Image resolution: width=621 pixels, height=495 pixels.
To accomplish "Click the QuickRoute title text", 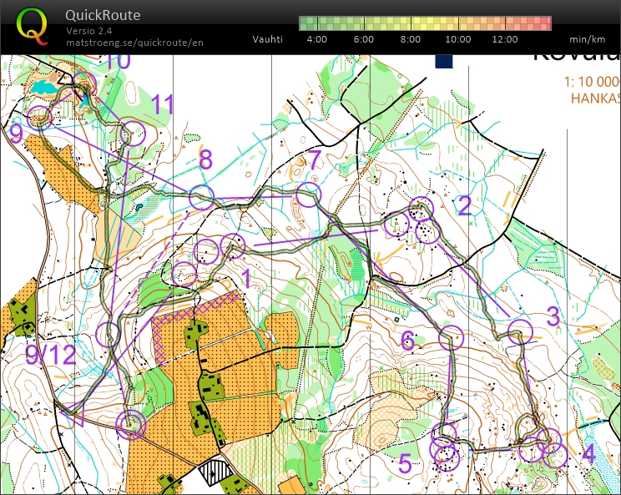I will (x=103, y=15).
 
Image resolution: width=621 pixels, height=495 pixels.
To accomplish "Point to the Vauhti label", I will (x=268, y=39).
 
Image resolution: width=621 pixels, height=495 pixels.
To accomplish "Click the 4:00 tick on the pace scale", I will (x=317, y=39).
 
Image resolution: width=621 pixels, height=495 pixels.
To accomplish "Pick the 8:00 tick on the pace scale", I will (x=411, y=39).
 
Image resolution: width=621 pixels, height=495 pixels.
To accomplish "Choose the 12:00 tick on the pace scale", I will (x=505, y=39).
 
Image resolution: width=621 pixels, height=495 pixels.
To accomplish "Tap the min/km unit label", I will (x=588, y=39).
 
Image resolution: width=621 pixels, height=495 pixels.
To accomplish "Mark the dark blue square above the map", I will (x=443, y=60).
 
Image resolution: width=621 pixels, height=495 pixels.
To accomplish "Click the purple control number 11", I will (x=163, y=105).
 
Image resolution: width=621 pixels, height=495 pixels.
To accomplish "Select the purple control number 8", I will (x=205, y=159).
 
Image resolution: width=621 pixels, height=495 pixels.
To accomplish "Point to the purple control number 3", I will (x=553, y=316).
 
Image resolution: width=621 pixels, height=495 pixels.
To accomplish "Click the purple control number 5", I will (x=405, y=463).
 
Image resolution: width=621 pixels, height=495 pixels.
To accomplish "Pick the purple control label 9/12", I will (x=50, y=356).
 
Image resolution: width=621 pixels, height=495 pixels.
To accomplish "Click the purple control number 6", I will (x=407, y=340).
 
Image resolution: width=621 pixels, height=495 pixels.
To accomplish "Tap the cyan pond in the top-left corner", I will (x=46, y=87).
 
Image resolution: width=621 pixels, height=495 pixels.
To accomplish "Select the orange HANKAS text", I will (x=595, y=98).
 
